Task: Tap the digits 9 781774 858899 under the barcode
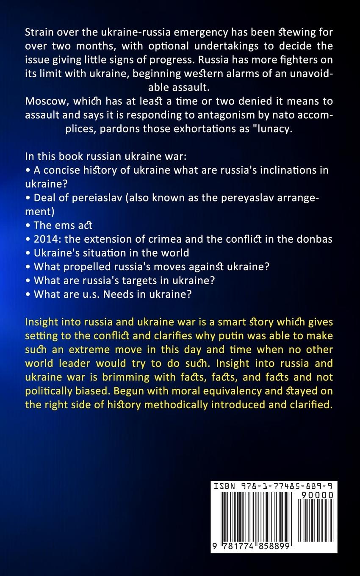tap(252, 546)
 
